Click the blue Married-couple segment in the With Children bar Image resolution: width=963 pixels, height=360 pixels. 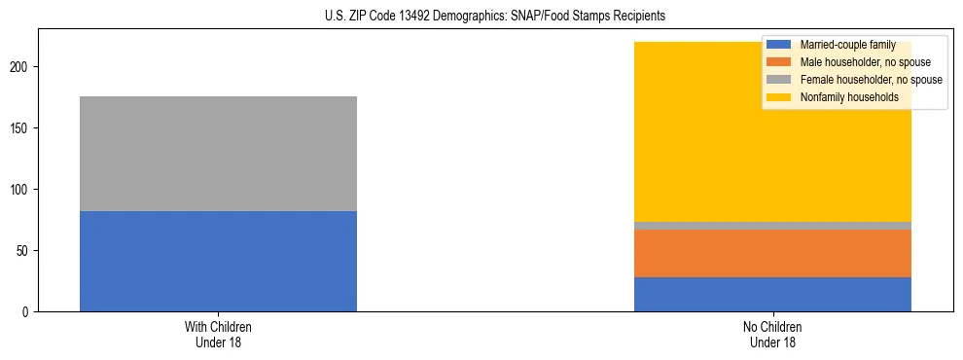tap(218, 261)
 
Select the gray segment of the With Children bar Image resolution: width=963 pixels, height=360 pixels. tap(218, 154)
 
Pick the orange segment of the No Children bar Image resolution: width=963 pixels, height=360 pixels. tap(772, 253)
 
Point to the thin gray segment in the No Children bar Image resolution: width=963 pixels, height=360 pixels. tap(772, 226)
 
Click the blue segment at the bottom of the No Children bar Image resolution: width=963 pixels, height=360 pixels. tap(772, 294)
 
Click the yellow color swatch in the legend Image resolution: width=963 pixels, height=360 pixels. tap(779, 97)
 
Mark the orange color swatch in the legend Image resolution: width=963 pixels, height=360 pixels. tap(779, 62)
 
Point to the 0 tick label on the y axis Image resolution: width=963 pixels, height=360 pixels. tap(29, 311)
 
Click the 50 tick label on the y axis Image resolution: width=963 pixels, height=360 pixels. tap(26, 250)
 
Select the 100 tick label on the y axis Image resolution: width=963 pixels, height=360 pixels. tap(23, 189)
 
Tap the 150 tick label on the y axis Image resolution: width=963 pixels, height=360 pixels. tap(23, 127)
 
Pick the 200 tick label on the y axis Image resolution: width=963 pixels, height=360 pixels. tap(23, 66)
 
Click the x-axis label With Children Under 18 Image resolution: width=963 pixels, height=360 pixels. tap(218, 334)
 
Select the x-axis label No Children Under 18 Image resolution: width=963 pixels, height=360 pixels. tap(772, 334)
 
